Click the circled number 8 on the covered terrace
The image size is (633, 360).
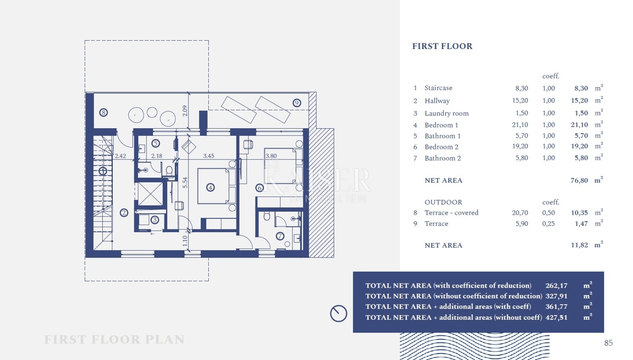[103, 112]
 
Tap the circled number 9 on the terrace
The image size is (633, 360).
[296, 102]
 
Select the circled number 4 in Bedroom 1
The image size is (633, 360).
[210, 187]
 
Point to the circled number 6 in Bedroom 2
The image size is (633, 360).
[260, 187]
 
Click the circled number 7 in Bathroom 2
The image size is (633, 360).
[280, 236]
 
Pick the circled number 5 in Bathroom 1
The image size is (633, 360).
[156, 144]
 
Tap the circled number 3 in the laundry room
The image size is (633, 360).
[155, 220]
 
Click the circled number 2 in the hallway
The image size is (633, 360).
[124, 213]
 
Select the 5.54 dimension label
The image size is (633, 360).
[185, 183]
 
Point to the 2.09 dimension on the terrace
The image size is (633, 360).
[185, 111]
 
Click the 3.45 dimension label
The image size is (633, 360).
[208, 156]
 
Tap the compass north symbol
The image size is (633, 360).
[339, 314]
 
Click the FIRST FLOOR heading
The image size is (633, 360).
[442, 46]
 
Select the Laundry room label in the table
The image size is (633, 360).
[446, 113]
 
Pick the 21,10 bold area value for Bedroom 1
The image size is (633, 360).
[579, 125]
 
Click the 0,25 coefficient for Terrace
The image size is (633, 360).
[549, 224]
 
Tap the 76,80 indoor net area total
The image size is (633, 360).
[579, 181]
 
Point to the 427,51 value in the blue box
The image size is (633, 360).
[557, 317]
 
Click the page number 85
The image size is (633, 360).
[608, 343]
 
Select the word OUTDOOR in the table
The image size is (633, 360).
[444, 202]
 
